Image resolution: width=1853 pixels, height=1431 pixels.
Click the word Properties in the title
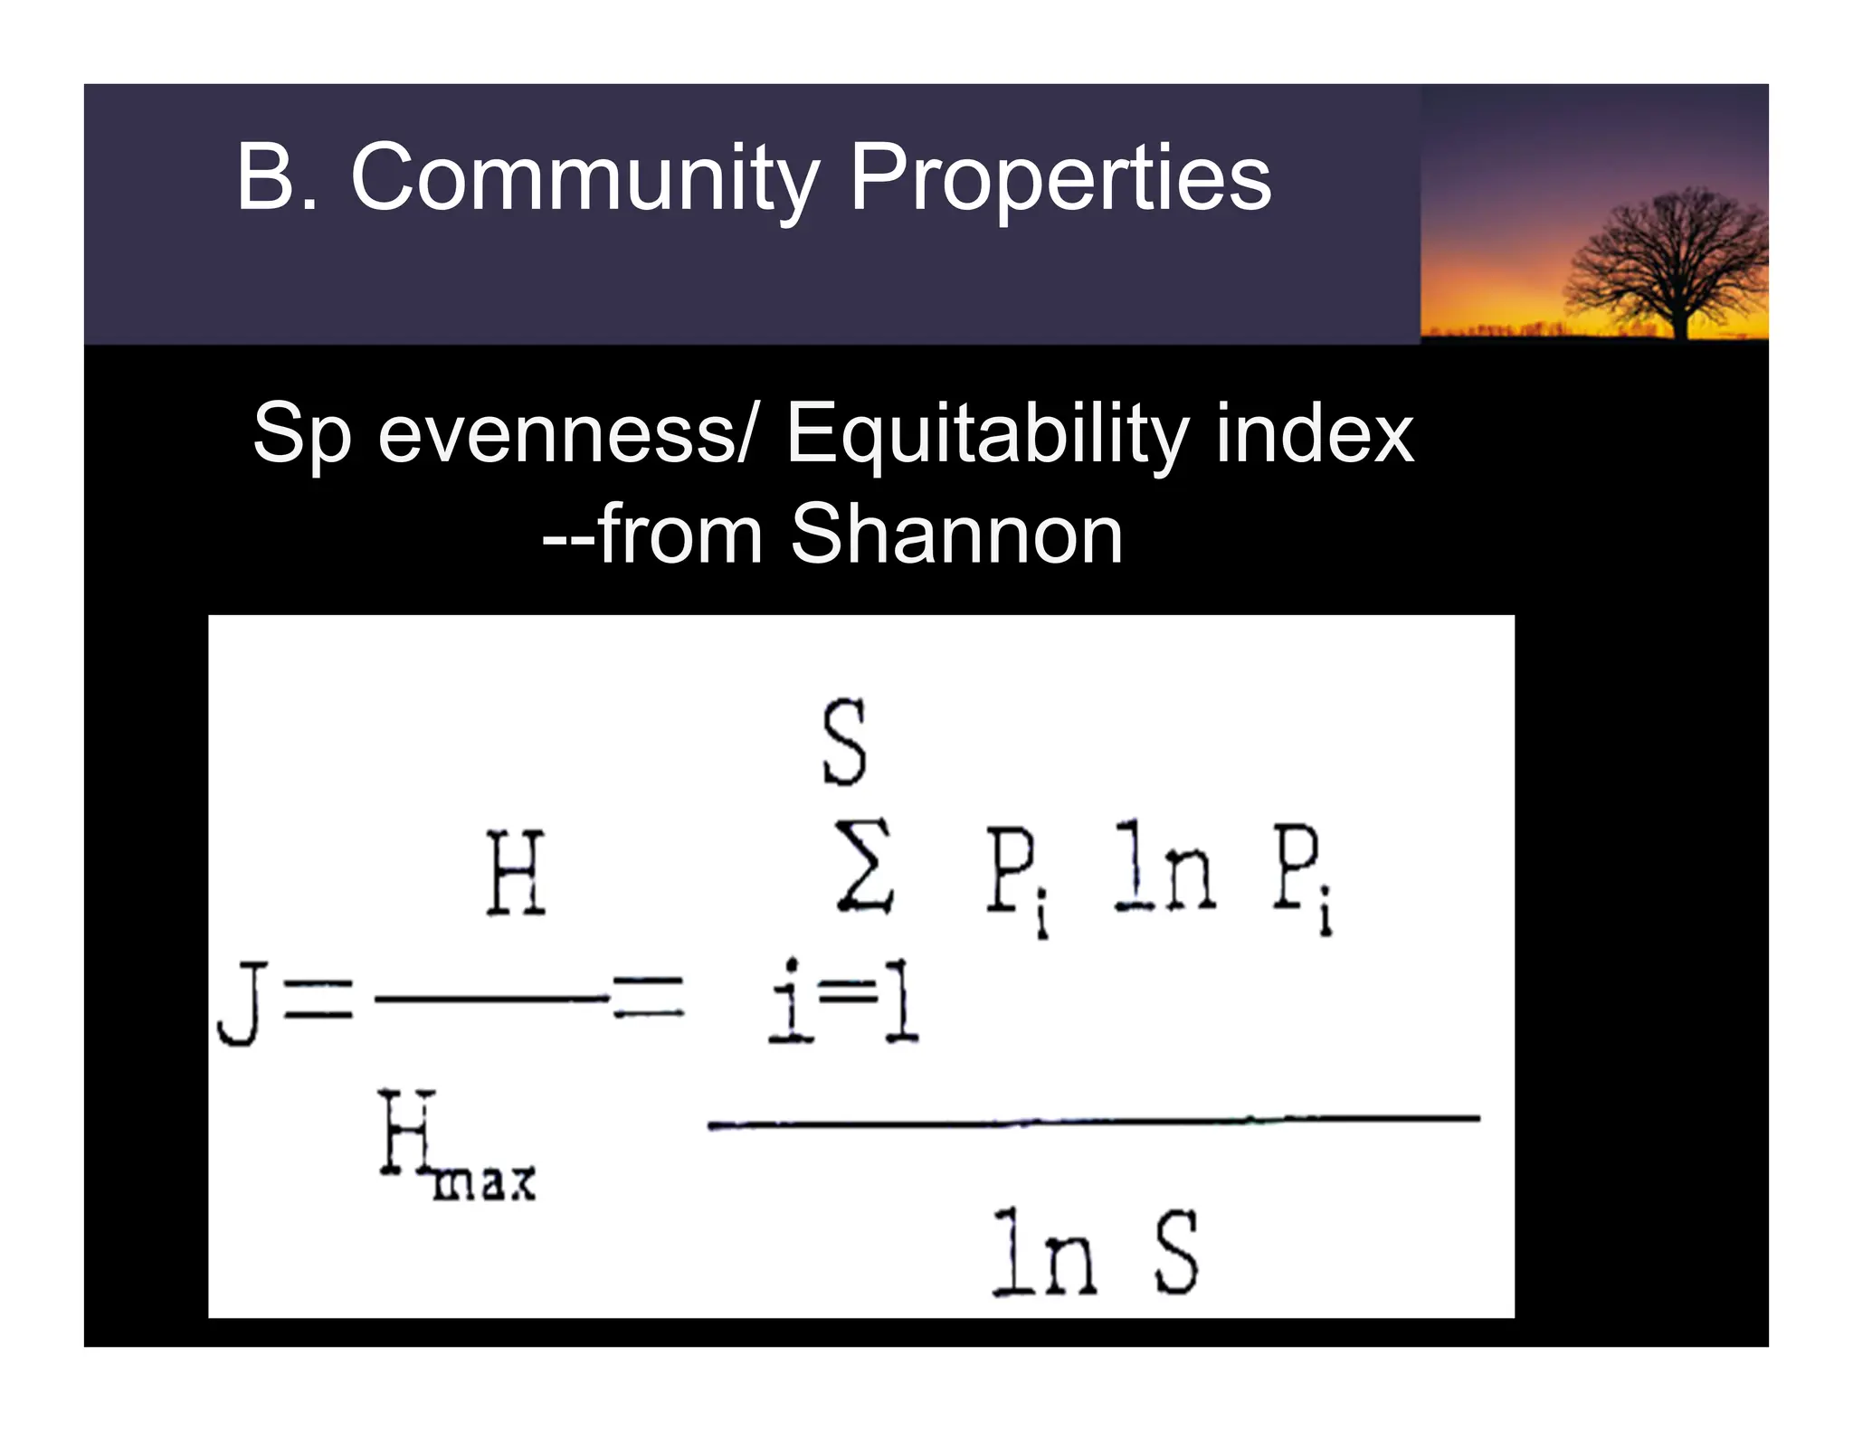pyautogui.click(x=1060, y=177)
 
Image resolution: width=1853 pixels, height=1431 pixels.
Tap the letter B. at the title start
pyautogui.click(x=277, y=177)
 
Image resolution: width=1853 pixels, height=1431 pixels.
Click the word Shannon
pyautogui.click(x=956, y=535)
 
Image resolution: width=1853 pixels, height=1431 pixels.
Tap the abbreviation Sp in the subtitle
pyautogui.click(x=301, y=435)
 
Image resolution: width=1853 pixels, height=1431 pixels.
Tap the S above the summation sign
pyautogui.click(x=845, y=744)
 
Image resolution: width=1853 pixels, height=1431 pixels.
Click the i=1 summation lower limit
pyautogui.click(x=843, y=1002)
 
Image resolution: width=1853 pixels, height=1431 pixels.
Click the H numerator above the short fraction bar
pyautogui.click(x=516, y=874)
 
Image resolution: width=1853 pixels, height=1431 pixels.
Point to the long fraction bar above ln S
pyautogui.click(x=1093, y=1122)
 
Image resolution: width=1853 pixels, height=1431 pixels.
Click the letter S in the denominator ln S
pyautogui.click(x=1177, y=1254)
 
